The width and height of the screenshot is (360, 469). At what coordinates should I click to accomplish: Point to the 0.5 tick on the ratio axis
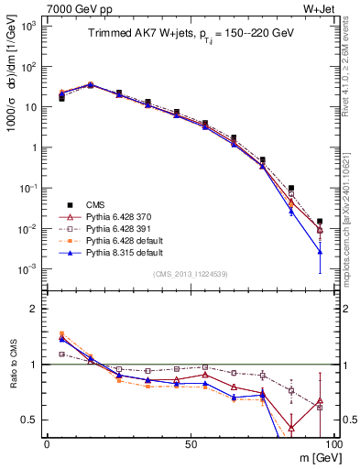[33, 420]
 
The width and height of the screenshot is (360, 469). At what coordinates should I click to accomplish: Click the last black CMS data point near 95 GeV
[320, 222]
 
